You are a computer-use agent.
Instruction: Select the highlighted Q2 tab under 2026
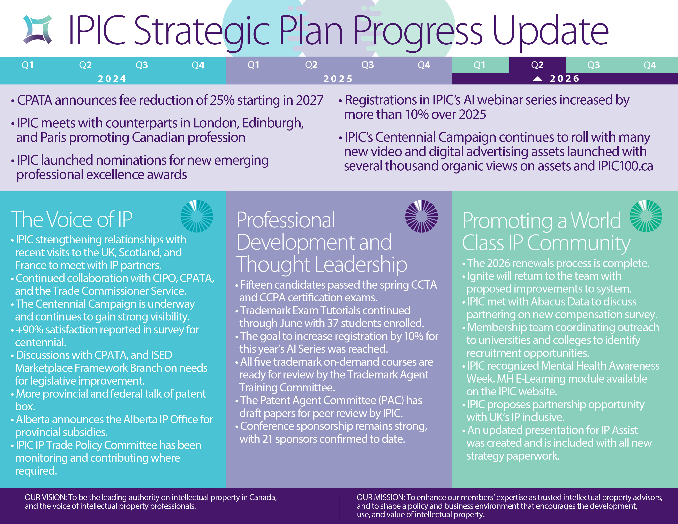coord(537,65)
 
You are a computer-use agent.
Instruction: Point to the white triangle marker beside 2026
coord(538,79)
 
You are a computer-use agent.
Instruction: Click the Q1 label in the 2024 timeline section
coord(27,65)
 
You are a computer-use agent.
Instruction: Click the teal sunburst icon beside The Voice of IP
coord(197,216)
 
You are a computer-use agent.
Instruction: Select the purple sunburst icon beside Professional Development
coord(422,216)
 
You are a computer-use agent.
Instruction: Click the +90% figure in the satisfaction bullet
coord(30,330)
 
